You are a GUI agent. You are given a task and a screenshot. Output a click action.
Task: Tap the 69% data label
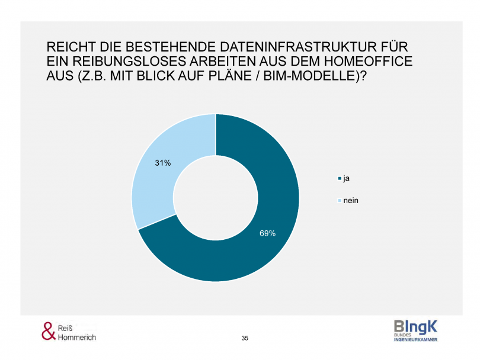pyautogui.click(x=267, y=233)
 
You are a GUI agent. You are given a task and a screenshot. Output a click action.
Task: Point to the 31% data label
pyautogui.click(x=163, y=163)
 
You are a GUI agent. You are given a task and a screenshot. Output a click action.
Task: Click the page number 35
pyautogui.click(x=245, y=338)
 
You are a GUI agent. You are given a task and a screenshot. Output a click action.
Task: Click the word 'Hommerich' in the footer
pyautogui.click(x=77, y=337)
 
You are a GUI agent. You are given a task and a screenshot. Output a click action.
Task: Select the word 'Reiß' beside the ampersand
pyautogui.click(x=66, y=327)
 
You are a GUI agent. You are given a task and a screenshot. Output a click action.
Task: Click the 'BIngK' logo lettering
pyautogui.click(x=415, y=326)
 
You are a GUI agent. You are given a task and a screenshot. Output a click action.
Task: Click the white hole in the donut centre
pyautogui.click(x=215, y=198)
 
